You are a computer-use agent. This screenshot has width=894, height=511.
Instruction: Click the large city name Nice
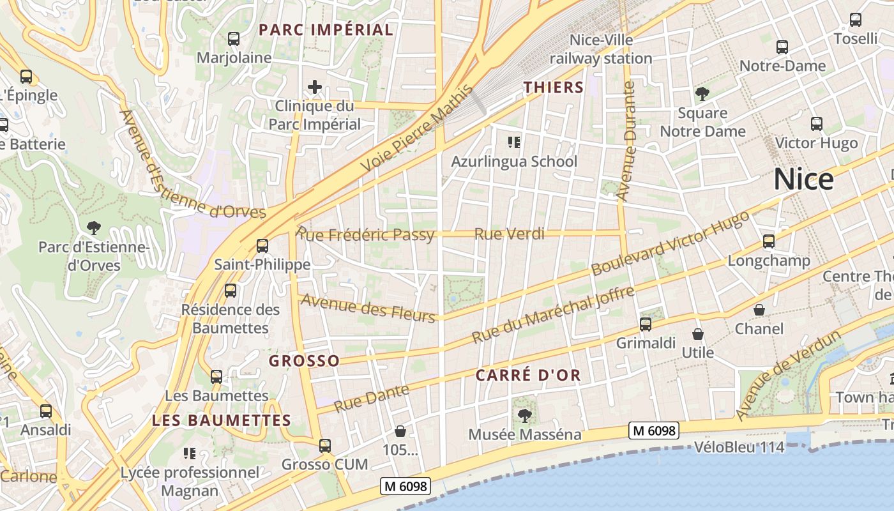click(803, 179)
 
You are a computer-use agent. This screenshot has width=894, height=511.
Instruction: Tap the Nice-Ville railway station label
click(601, 49)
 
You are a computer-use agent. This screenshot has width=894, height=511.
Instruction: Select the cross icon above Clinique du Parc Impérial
click(314, 87)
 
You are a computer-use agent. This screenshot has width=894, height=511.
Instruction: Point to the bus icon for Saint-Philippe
click(262, 245)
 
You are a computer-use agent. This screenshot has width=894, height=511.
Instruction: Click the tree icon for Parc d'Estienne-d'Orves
click(94, 227)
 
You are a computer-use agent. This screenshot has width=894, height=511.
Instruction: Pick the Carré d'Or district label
click(528, 375)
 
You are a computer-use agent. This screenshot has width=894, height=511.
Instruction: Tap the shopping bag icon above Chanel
click(759, 310)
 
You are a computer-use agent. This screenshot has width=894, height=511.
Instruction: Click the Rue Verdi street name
click(509, 234)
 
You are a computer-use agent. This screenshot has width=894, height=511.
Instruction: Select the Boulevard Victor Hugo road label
click(670, 243)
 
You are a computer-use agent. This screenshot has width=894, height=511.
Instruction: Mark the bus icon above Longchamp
click(769, 241)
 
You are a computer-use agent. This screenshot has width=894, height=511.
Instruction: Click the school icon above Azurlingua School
click(513, 142)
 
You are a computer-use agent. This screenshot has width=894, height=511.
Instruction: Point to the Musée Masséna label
click(525, 434)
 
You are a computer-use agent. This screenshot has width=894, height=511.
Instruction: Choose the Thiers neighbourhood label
click(554, 88)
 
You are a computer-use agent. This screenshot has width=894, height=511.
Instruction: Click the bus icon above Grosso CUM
click(325, 445)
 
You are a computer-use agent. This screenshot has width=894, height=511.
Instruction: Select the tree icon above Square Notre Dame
click(702, 95)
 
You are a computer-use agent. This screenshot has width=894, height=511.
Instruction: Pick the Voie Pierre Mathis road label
click(419, 128)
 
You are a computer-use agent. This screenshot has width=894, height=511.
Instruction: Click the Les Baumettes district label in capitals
click(222, 420)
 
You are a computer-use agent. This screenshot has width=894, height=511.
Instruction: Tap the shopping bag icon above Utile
click(698, 334)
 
